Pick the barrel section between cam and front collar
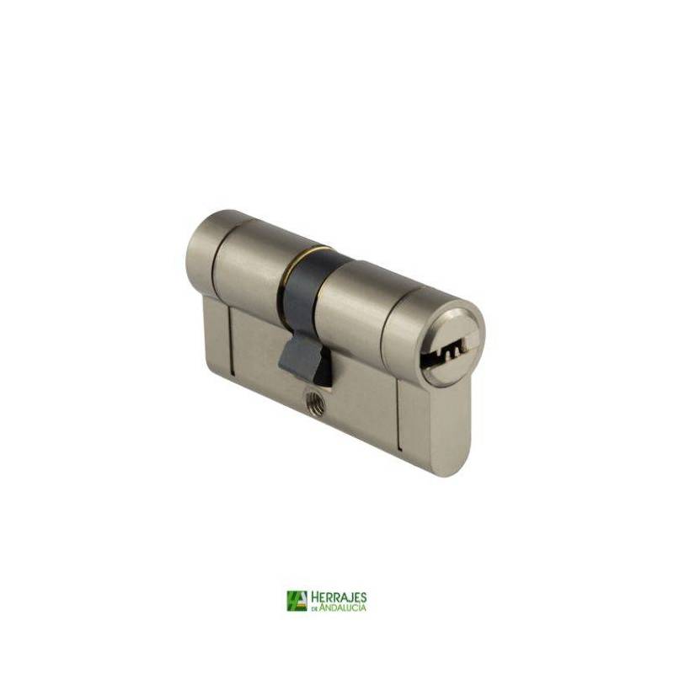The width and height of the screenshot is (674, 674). click(x=357, y=301)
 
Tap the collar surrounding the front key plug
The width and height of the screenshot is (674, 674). click(x=434, y=340)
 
